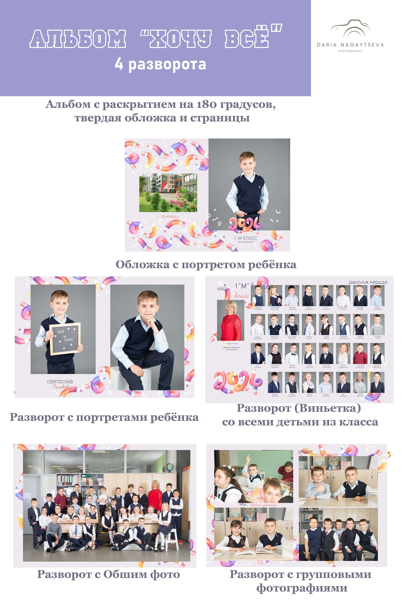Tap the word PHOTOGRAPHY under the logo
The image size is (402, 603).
point(350,51)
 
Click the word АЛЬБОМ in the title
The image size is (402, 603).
point(78,39)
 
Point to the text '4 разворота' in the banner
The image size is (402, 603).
point(160,64)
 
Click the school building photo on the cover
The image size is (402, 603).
point(168,193)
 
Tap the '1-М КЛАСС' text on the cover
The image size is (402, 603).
point(245,238)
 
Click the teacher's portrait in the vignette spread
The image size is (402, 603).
point(231,320)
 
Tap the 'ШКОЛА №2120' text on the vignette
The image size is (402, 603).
point(368,282)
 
